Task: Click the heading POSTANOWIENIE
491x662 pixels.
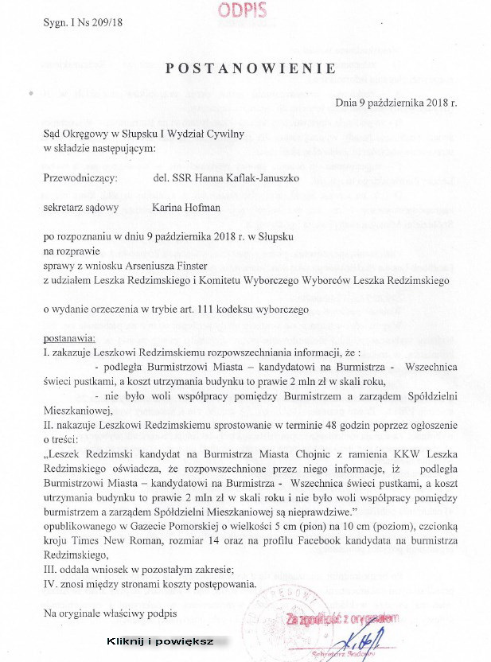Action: tap(250, 69)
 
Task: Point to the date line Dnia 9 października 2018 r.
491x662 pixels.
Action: tap(396, 103)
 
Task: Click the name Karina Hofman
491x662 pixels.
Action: tap(188, 208)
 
